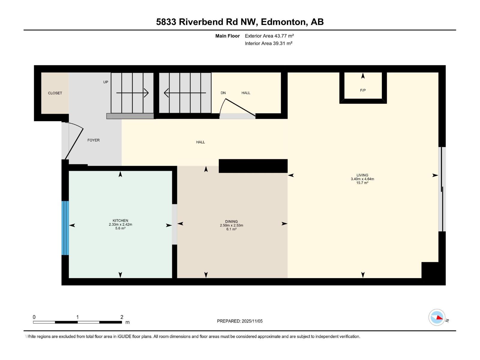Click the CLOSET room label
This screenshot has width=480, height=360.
[x=55, y=93]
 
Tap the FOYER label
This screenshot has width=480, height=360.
[x=93, y=140]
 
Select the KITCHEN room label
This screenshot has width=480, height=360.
[x=120, y=220]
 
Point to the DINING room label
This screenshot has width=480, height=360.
[x=231, y=221]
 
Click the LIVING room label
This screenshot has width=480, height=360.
[x=362, y=175]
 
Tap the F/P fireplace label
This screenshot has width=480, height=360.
[x=363, y=90]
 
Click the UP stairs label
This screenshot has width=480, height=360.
[x=106, y=82]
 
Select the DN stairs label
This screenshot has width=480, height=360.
[x=223, y=93]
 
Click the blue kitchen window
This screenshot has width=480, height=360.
[x=65, y=228]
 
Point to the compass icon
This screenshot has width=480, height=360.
[x=437, y=317]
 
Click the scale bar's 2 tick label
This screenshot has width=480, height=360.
[x=122, y=317]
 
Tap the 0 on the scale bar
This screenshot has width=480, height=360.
[x=34, y=317]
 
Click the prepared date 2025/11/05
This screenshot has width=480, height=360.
[x=252, y=321]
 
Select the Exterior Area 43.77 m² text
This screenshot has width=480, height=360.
[x=269, y=36]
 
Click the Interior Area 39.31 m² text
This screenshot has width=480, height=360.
[x=268, y=43]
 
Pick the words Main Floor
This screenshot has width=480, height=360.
[x=227, y=36]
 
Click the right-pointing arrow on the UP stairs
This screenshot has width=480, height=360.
[x=132, y=93]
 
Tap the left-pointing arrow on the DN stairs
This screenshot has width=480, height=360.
[x=185, y=93]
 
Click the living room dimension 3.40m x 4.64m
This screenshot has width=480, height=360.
[x=362, y=179]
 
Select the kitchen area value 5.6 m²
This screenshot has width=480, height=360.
[x=120, y=228]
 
